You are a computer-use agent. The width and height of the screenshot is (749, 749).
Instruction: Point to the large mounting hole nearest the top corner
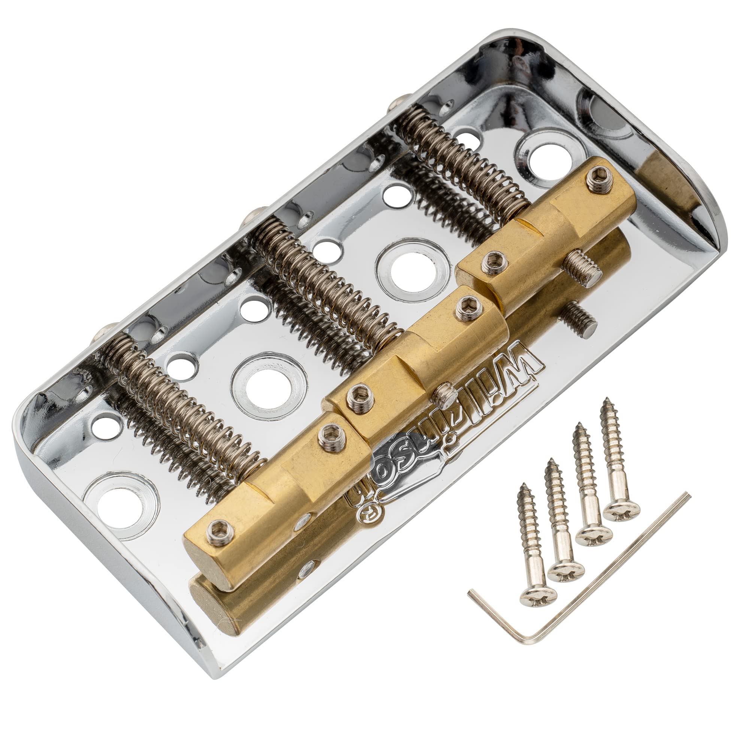[x=551, y=160]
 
